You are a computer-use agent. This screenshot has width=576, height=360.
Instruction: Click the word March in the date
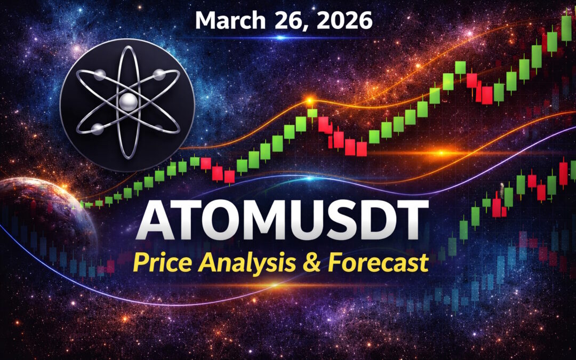[229, 21]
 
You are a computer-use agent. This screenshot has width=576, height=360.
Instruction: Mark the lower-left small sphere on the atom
[97, 128]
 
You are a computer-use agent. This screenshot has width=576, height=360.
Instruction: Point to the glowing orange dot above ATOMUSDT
[308, 100]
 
